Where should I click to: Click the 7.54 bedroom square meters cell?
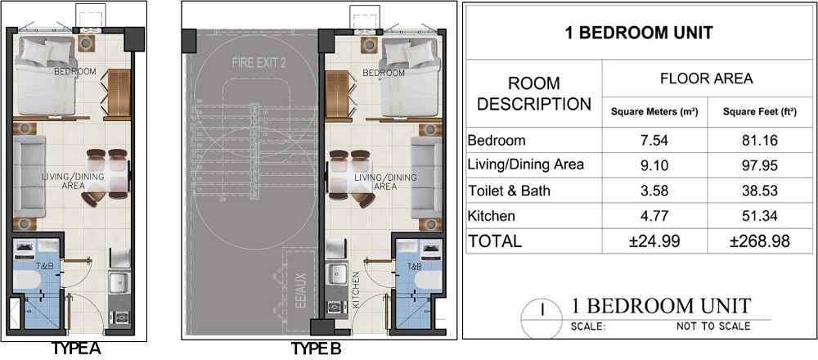click(654, 141)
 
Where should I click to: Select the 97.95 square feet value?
click(760, 165)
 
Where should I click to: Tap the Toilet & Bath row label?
click(509, 191)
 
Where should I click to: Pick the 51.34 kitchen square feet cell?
click(760, 215)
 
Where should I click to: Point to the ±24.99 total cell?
click(654, 241)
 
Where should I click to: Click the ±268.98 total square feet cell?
click(760, 241)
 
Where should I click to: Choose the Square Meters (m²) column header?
click(654, 111)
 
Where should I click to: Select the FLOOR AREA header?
click(707, 79)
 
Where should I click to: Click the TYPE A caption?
click(75, 348)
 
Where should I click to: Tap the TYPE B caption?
click(316, 348)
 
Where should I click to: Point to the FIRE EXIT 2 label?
click(259, 64)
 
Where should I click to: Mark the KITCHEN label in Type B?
click(357, 291)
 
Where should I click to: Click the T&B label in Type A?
click(43, 267)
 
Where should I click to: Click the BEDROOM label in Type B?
click(384, 73)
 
